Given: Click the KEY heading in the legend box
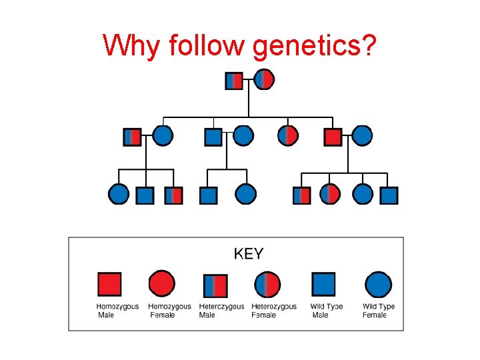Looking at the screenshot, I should point(249,253).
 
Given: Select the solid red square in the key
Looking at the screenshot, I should point(109,284).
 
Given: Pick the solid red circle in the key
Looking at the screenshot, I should point(162,284).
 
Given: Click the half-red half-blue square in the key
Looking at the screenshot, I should point(215,285).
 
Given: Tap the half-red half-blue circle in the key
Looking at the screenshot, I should point(267,285).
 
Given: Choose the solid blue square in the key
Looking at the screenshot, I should point(323,284).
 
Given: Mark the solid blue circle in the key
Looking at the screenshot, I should point(378,284).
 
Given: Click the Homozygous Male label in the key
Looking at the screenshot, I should point(117,311).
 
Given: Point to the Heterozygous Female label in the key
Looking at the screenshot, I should point(274,311).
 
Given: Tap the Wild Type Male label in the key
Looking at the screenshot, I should point(327,311).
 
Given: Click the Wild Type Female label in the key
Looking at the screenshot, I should point(379,311).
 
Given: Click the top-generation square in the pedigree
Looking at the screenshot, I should point(234,81).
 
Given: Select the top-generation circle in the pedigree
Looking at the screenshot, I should point(264,80).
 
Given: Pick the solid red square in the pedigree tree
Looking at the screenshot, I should point(333,137).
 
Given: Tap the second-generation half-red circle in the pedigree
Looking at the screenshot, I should point(288,136).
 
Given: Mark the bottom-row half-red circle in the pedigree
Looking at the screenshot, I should point(330,195).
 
